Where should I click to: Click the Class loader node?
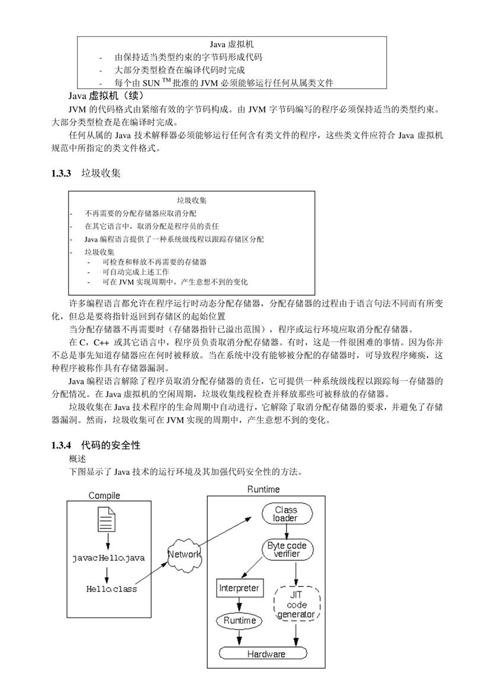point(285,514)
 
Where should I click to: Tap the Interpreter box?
point(239,588)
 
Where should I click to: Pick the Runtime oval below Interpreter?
point(239,621)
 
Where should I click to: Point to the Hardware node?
point(263,654)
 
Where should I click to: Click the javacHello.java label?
point(108,558)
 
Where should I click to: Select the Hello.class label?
point(111,589)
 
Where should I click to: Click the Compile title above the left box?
point(104,495)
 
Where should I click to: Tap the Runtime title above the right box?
point(264,489)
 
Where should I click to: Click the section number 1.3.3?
point(61,173)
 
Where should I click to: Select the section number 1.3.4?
point(61,445)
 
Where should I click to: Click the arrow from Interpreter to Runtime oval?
point(239,604)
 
